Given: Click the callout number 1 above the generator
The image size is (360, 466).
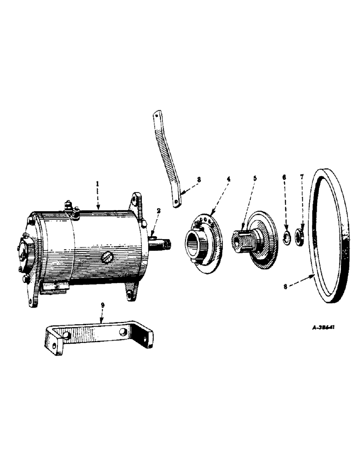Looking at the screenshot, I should [97, 185].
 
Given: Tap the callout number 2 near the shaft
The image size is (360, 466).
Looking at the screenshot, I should [159, 211].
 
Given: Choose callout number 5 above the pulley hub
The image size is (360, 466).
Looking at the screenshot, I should [255, 178].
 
